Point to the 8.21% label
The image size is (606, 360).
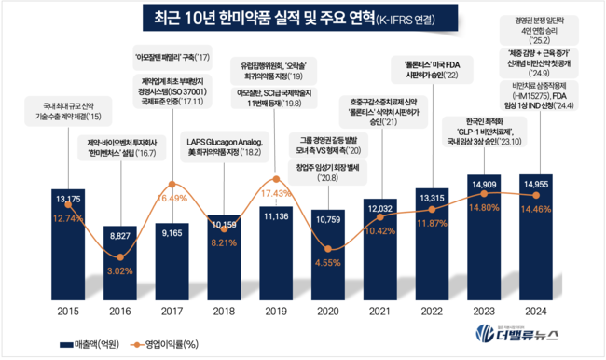tap(224, 242)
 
